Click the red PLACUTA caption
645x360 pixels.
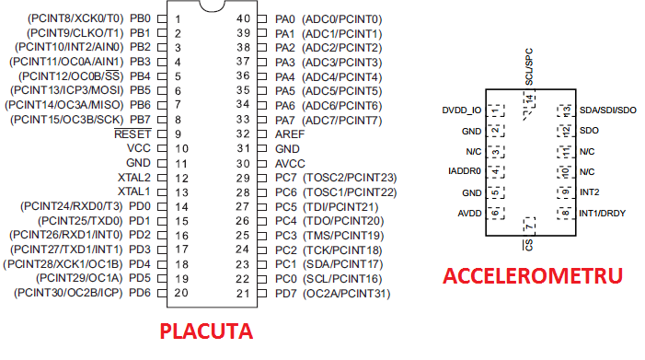[x=206, y=331]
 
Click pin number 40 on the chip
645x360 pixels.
[x=244, y=18]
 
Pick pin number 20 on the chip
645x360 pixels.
[x=180, y=293]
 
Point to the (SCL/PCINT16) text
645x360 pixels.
[x=345, y=279]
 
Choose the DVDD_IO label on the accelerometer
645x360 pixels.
[x=462, y=110]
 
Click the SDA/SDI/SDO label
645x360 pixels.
[x=608, y=110]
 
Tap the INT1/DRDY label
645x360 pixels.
[x=603, y=214]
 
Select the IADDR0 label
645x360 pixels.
[x=465, y=171]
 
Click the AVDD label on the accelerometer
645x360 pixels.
[x=469, y=214]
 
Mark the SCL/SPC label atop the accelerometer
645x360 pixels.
[x=529, y=67]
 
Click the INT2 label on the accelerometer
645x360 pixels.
[x=590, y=192]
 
